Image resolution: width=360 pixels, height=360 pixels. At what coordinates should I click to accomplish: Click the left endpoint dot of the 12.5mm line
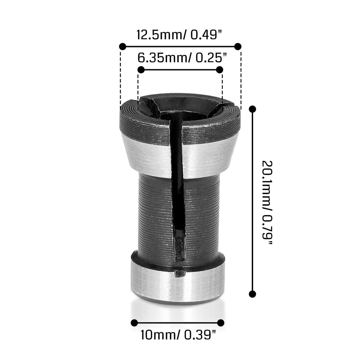[122, 46]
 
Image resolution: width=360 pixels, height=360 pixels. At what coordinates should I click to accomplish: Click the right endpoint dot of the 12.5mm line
[238, 46]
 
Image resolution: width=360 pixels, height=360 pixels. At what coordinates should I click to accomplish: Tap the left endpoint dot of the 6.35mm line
[141, 70]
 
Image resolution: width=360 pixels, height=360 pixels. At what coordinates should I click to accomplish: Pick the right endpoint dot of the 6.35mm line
[219, 70]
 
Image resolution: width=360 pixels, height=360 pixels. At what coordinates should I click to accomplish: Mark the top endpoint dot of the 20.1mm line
[252, 109]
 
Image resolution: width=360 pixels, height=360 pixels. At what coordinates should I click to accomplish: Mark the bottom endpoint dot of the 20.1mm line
[252, 294]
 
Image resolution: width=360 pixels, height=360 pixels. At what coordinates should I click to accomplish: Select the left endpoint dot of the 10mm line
[134, 323]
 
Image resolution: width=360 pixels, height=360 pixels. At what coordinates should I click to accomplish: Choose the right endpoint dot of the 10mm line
[221, 323]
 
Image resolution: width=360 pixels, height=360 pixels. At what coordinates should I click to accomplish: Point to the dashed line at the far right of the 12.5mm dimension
[241, 77]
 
